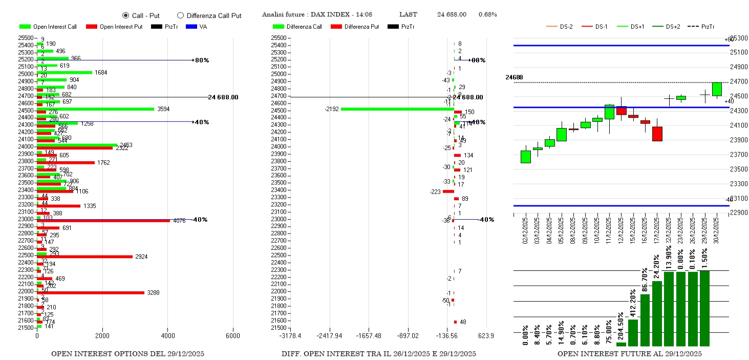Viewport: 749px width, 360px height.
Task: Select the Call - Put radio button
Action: click(x=126, y=15)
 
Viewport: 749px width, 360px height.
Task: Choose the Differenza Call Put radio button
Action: click(x=180, y=15)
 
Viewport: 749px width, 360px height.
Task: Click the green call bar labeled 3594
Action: click(x=95, y=109)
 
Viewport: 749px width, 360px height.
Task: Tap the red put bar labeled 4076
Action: click(x=102, y=221)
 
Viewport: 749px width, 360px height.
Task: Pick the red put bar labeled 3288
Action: click(x=90, y=293)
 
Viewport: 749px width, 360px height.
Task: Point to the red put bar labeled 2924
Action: click(x=84, y=257)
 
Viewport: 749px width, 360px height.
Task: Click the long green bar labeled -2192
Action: click(x=397, y=109)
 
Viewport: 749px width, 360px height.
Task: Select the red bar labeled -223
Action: click(x=448, y=192)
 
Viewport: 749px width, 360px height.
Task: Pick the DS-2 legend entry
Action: click(x=561, y=27)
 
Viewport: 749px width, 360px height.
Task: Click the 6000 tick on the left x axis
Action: click(x=233, y=336)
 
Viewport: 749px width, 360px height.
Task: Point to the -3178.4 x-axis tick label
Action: click(x=290, y=336)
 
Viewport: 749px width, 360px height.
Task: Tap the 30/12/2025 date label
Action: click(x=717, y=230)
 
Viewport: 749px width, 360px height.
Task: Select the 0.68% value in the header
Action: click(x=487, y=14)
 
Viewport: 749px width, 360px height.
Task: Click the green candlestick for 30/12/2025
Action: click(x=717, y=89)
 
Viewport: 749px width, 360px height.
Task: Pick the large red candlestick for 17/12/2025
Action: click(x=657, y=134)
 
